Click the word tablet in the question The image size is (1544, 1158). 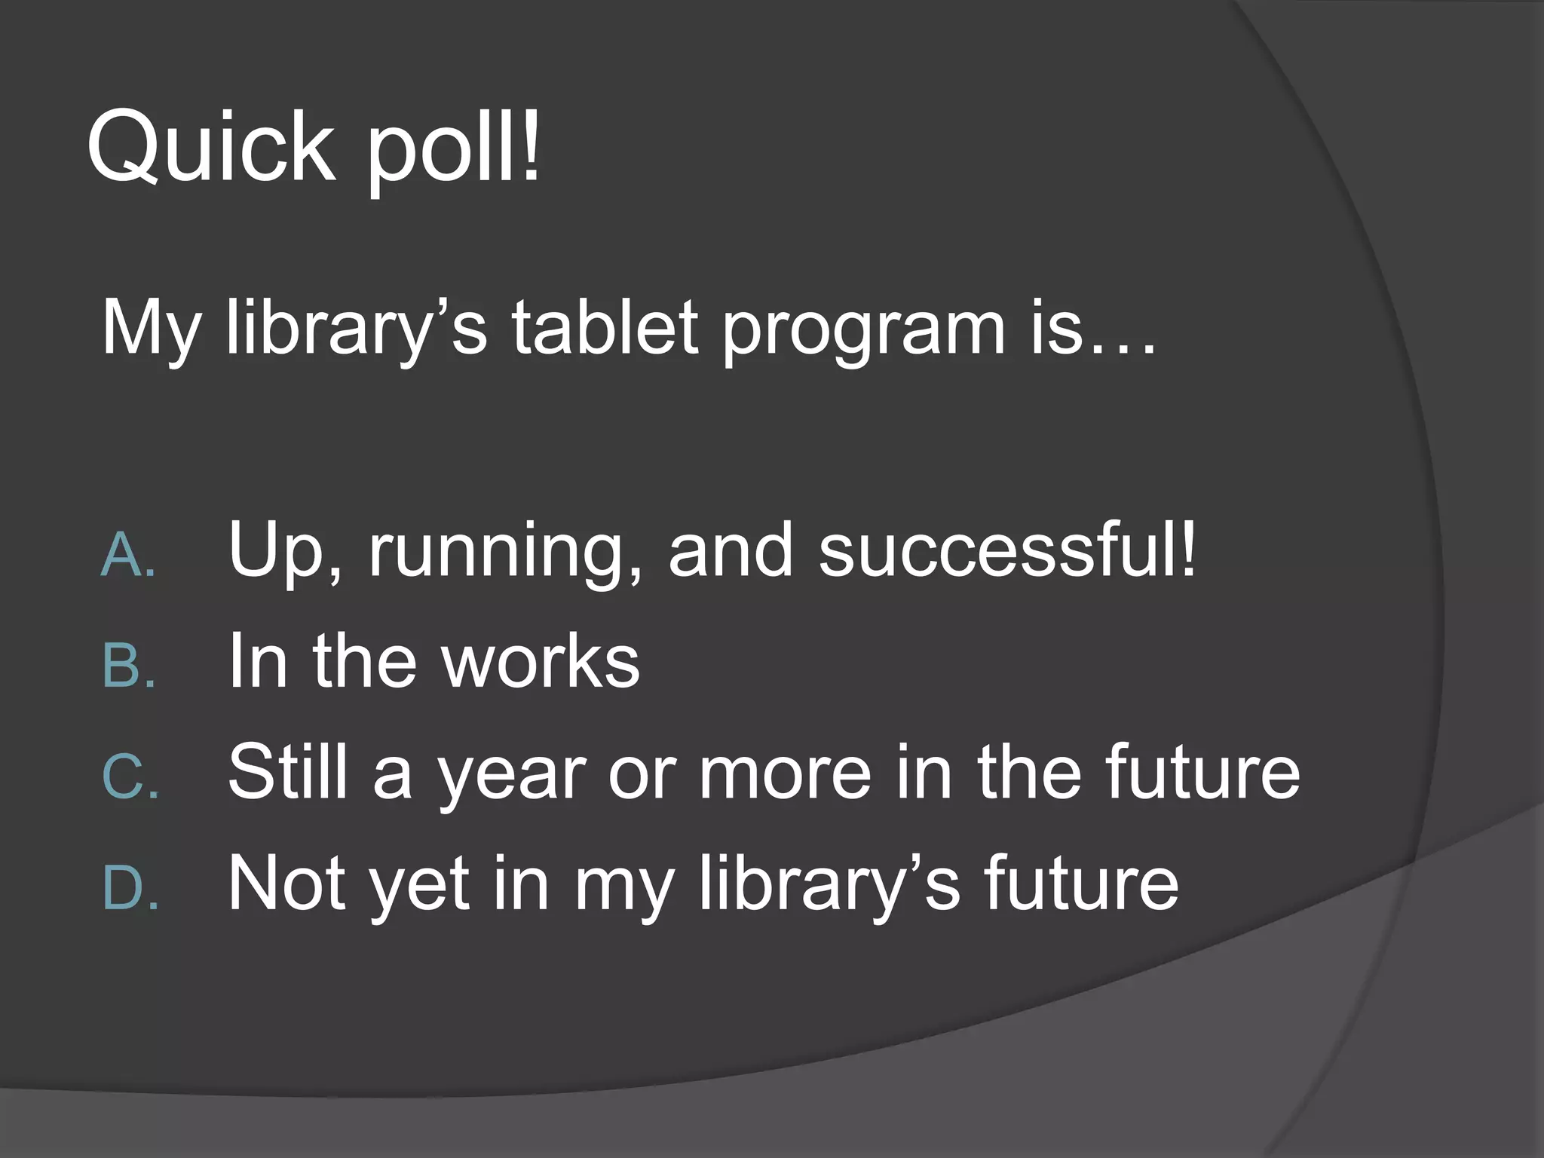(605, 328)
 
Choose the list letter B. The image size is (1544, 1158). (128, 666)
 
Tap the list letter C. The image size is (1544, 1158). (130, 777)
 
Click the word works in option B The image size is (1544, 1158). (540, 661)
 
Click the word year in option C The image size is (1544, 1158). (513, 777)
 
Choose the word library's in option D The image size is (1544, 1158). (829, 884)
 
